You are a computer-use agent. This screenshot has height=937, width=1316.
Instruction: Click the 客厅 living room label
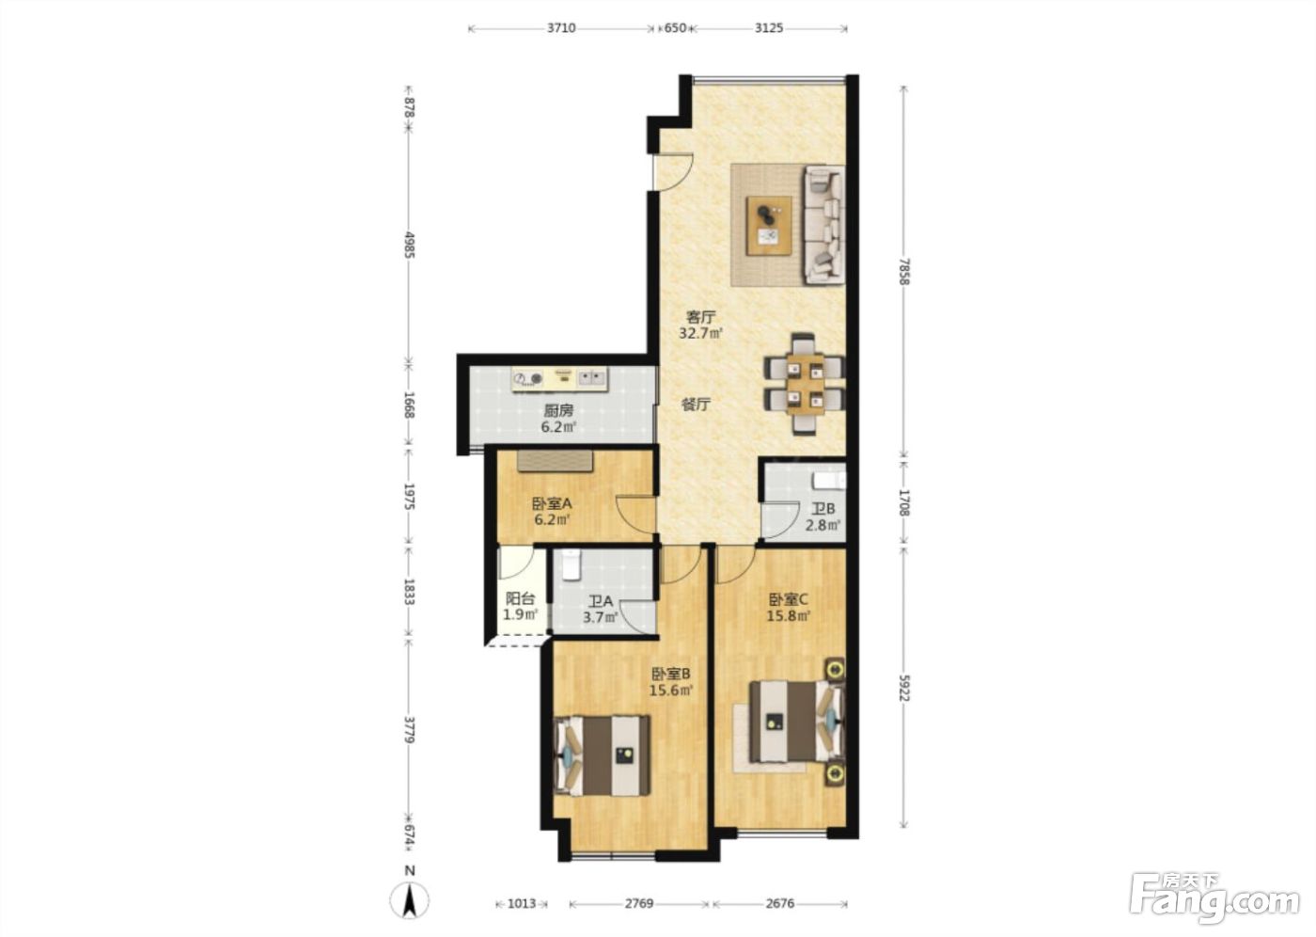pyautogui.click(x=700, y=317)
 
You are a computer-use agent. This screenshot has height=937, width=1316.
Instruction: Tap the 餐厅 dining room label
pyautogui.click(x=697, y=405)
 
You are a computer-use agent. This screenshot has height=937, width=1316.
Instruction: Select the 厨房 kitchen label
pyautogui.click(x=558, y=410)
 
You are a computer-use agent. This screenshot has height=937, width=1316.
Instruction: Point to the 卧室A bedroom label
pyautogui.click(x=552, y=503)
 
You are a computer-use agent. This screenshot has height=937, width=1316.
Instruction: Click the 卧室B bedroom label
pyautogui.click(x=671, y=673)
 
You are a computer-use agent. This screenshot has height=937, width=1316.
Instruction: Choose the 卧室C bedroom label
pyautogui.click(x=789, y=599)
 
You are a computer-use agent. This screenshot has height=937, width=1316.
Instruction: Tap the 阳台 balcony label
pyautogui.click(x=521, y=599)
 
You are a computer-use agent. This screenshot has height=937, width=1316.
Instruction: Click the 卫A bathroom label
pyautogui.click(x=601, y=601)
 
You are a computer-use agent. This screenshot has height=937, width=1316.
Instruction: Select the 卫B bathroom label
pyautogui.click(x=823, y=509)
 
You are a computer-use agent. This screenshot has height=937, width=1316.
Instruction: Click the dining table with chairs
pyautogui.click(x=805, y=384)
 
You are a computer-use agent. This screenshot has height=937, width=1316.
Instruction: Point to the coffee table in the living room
pyautogui.click(x=769, y=226)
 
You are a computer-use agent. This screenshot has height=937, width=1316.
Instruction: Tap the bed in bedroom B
pyautogui.click(x=603, y=755)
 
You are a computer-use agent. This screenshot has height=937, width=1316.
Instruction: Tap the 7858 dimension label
pyautogui.click(x=904, y=271)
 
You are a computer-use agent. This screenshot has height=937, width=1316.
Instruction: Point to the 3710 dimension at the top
pyautogui.click(x=561, y=28)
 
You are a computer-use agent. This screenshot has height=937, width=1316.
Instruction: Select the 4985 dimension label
pyautogui.click(x=410, y=246)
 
